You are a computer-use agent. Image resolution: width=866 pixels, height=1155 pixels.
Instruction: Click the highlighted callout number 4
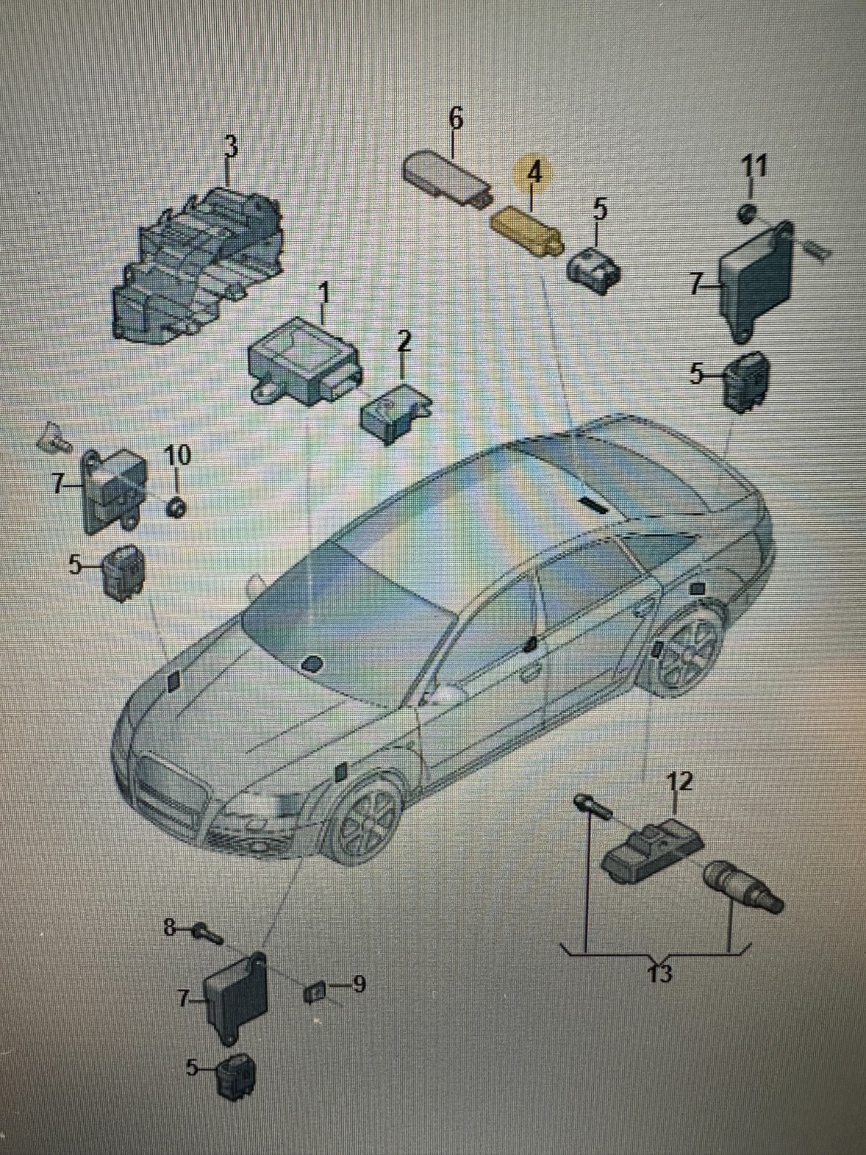click(x=534, y=174)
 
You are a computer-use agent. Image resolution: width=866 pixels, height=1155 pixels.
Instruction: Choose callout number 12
click(x=679, y=781)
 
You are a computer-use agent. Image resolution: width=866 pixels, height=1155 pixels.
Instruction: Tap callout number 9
click(x=358, y=983)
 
